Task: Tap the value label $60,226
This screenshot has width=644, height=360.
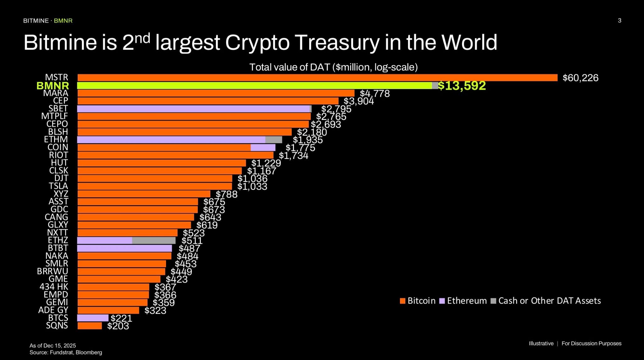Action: point(580,78)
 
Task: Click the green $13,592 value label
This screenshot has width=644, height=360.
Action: point(462,86)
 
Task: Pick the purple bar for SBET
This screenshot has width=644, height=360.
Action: point(193,109)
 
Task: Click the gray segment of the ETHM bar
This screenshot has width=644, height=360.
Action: point(274,140)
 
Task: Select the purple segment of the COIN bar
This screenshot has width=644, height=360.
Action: point(263,148)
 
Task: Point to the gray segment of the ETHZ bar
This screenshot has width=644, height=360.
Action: point(154,240)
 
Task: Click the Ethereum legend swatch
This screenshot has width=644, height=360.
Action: point(442,301)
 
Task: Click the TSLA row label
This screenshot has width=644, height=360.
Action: point(58,186)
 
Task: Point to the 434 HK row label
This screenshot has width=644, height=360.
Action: point(54,287)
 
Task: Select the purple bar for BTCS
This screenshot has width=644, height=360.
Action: point(93,318)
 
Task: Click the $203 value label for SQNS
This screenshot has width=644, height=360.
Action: point(118,326)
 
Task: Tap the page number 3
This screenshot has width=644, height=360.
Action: point(619,20)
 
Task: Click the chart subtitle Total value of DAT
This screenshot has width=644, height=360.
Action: point(333,67)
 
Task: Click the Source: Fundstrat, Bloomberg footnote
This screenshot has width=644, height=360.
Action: point(66,352)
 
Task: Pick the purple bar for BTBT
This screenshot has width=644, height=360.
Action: point(125,248)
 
